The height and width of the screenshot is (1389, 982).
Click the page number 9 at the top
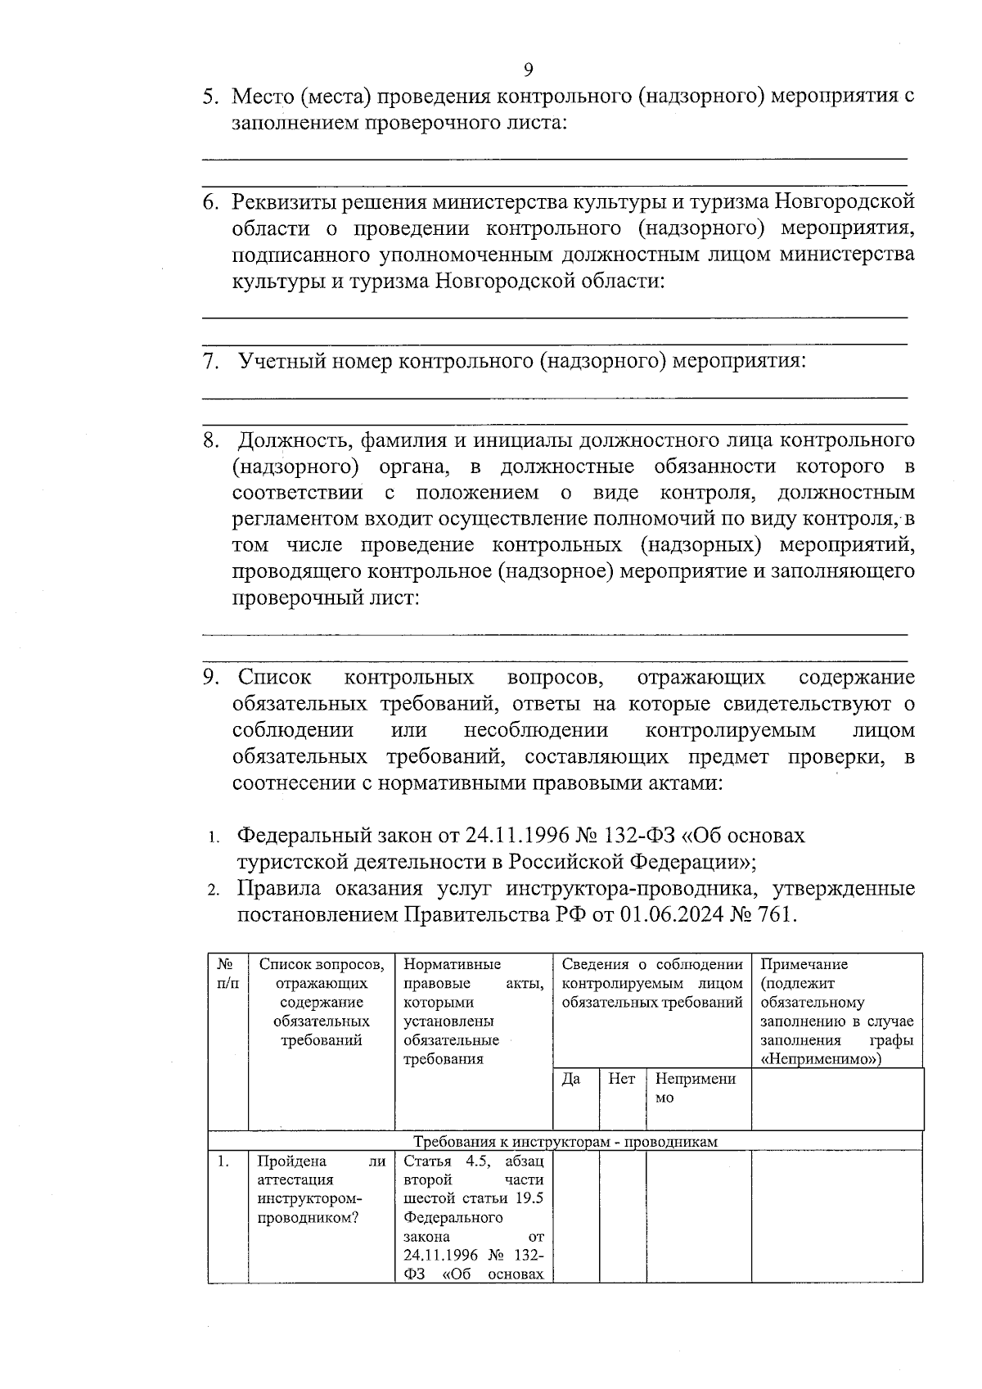(528, 69)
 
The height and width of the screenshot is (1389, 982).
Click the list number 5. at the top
(211, 97)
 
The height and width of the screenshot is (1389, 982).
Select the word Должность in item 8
(286, 441)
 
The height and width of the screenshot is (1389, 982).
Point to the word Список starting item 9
(275, 678)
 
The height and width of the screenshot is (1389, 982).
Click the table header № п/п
(227, 973)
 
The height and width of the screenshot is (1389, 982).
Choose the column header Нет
(621, 1080)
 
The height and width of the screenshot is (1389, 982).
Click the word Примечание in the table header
(804, 964)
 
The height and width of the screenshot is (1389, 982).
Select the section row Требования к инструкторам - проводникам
(565, 1142)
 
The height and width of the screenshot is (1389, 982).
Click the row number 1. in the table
(223, 1161)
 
